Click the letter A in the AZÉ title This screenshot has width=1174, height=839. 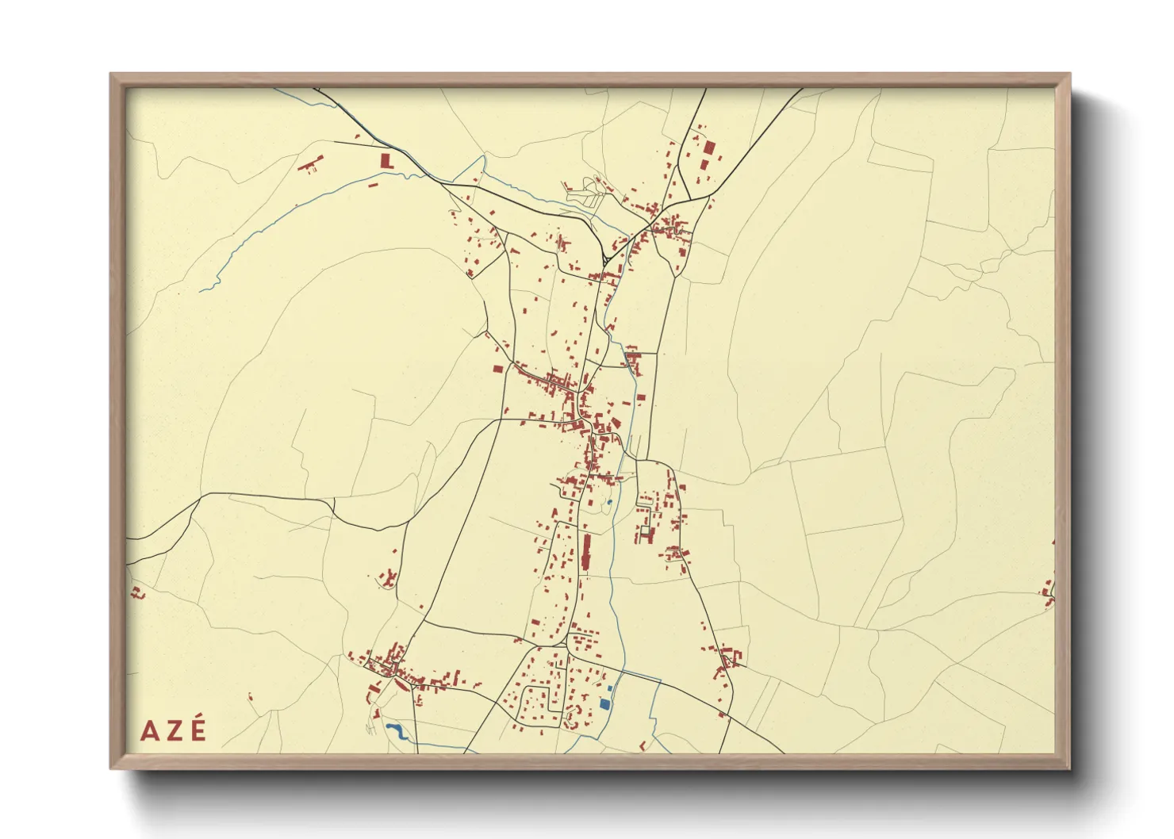149,730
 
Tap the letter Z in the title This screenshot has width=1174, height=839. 174,730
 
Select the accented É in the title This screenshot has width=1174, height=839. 198,729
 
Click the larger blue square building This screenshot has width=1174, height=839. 605,703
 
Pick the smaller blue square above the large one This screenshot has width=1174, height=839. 609,690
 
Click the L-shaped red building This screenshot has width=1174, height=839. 387,160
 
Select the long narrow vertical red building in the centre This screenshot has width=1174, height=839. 586,552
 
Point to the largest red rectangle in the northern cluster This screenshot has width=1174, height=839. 709,147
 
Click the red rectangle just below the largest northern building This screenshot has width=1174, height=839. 704,165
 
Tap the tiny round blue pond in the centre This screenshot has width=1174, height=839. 608,501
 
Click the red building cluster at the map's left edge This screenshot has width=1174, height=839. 136,592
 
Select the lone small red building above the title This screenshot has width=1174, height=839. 251,698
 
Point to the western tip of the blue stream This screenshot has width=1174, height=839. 201,290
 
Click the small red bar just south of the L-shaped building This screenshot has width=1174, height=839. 373,184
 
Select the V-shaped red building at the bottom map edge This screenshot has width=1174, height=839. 643,745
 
